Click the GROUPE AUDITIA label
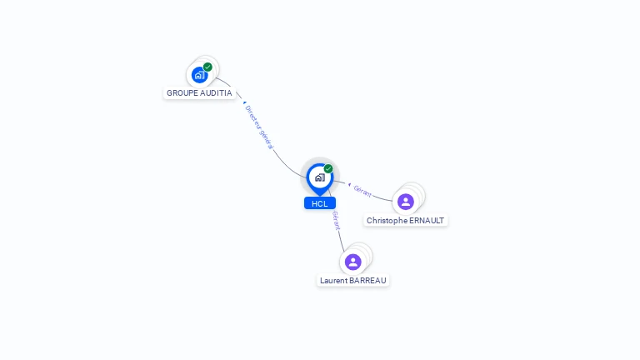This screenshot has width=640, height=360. (199, 93)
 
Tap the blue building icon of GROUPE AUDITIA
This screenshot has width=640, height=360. (199, 75)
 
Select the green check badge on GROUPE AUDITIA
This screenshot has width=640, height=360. (207, 67)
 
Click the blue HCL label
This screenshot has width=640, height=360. (320, 203)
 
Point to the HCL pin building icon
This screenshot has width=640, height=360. (319, 177)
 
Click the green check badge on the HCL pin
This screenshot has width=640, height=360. (328, 168)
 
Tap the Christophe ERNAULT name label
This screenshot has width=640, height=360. (406, 221)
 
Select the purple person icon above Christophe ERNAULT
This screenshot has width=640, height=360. (406, 202)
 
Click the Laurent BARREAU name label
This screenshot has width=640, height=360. (353, 281)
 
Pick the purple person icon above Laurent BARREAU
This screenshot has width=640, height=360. (353, 262)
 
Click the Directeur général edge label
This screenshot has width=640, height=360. (259, 127)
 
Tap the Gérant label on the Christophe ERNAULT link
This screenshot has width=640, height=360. (362, 191)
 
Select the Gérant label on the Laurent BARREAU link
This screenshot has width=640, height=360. (336, 220)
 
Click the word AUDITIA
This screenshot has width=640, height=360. (214, 93)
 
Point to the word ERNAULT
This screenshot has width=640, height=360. (428, 221)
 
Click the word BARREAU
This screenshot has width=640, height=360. (368, 281)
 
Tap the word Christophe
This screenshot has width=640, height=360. (387, 221)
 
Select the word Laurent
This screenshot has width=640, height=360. (335, 281)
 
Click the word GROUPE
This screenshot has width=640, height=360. (182, 93)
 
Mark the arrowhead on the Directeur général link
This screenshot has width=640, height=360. (242, 102)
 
